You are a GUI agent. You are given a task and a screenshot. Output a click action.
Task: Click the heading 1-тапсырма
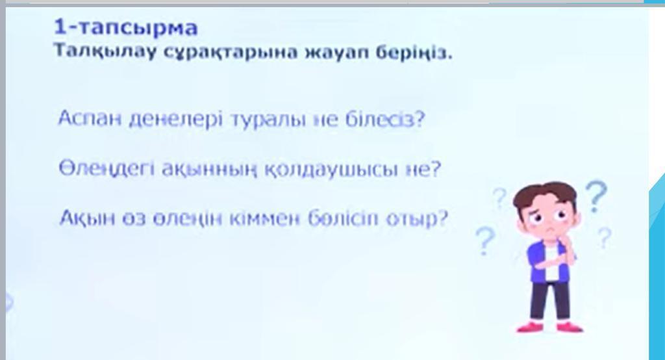125,28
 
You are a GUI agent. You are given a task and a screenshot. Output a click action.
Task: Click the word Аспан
90,118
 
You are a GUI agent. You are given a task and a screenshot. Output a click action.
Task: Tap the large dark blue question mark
596,196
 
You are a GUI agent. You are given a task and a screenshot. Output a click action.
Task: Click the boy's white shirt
550,263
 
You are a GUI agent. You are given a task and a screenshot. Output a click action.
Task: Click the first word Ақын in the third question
88,218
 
